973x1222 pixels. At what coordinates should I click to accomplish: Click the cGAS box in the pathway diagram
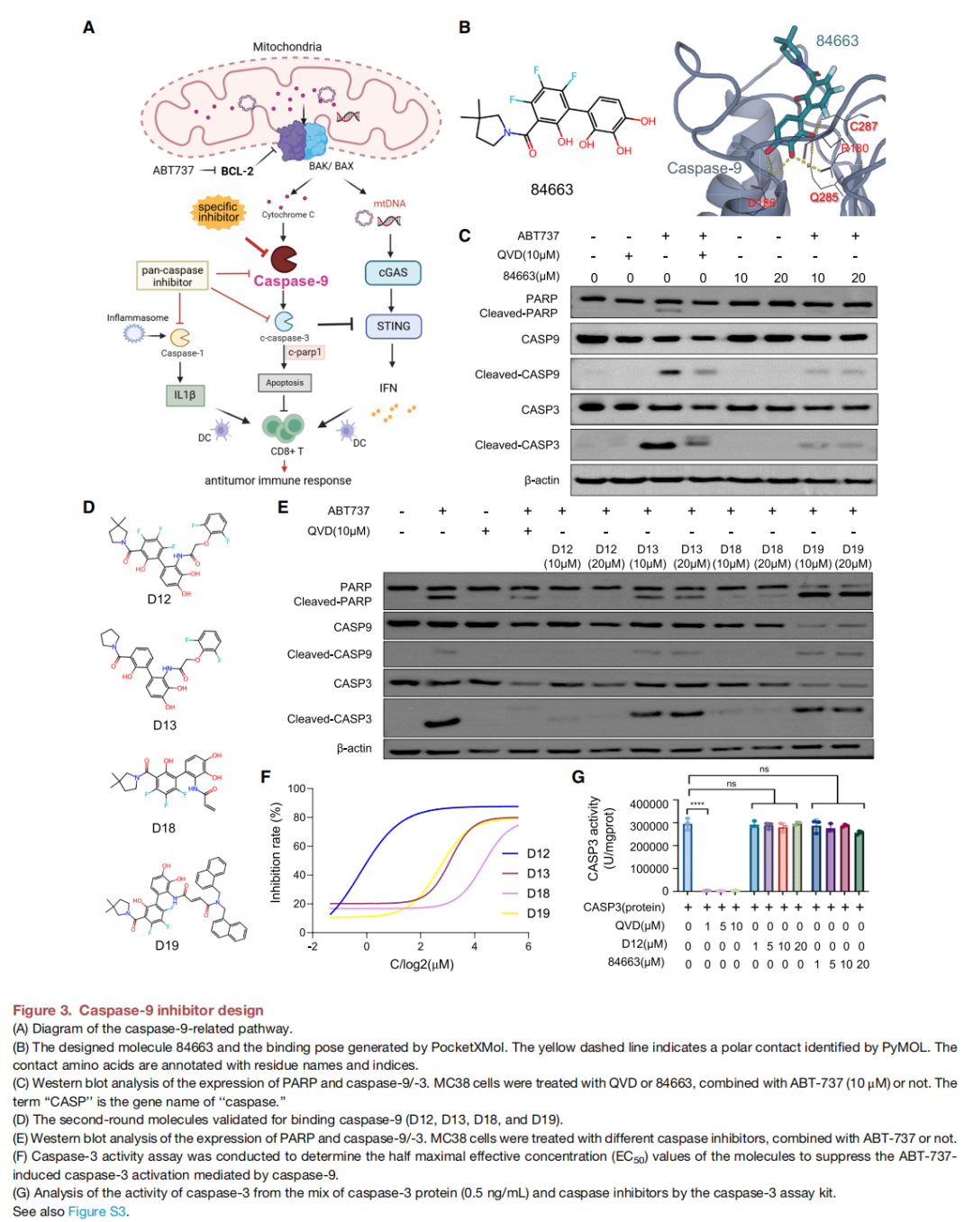coord(393,272)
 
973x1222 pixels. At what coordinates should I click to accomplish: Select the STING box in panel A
coord(393,326)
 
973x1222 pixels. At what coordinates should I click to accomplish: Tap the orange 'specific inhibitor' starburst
coord(218,213)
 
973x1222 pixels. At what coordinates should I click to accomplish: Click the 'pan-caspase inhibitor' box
coord(172,276)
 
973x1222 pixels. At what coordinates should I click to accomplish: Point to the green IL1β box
coord(185,395)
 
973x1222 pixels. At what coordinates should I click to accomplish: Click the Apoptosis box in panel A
coord(285,383)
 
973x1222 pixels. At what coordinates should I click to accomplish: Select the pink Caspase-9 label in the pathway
coord(290,281)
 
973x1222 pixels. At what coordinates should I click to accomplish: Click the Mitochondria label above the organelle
coord(286,47)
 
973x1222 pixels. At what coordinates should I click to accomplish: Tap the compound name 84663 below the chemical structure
coord(551,189)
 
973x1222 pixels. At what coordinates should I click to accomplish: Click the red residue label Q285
coord(823,197)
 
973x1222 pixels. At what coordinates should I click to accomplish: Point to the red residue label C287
coord(863,126)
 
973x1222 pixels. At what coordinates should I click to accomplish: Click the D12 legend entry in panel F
coord(538,853)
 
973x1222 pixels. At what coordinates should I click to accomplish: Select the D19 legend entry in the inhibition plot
coord(538,913)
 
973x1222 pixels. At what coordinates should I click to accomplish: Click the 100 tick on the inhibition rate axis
coord(296,789)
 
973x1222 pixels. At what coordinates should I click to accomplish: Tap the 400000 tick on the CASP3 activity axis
coord(649,804)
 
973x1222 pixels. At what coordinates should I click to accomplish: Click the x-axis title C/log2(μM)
coord(422,964)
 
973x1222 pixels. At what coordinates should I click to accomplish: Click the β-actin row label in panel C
coord(541,480)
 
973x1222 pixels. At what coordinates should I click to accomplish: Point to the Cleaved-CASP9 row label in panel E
coord(329,654)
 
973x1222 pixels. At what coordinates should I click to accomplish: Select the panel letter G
coord(578,777)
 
